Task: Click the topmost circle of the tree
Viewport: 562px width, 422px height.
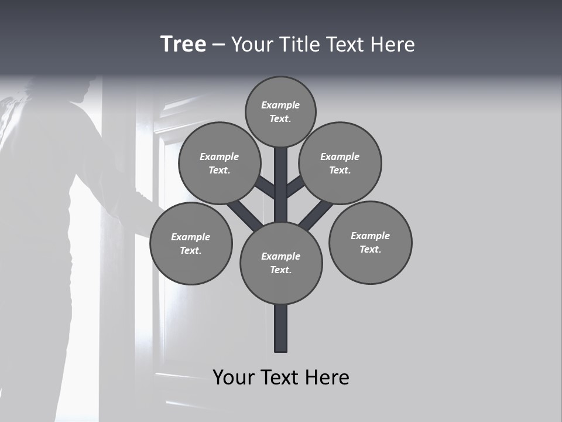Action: coord(280,111)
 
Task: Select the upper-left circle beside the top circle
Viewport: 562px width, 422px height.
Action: coord(220,163)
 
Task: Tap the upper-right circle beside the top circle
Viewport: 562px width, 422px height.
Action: coord(340,163)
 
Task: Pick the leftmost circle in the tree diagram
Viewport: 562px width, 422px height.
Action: coord(191,243)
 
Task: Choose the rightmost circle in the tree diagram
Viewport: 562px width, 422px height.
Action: coord(371,242)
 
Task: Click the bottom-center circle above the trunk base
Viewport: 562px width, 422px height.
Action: coord(281,263)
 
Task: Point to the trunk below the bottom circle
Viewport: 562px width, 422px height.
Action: coord(281,328)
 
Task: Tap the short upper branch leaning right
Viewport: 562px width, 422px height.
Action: coord(296,186)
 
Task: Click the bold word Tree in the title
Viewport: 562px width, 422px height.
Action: coord(183,44)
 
